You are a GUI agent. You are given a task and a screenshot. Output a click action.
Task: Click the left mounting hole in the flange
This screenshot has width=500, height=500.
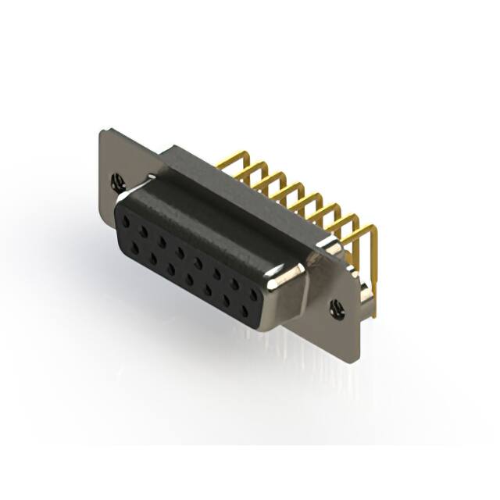tap(117, 181)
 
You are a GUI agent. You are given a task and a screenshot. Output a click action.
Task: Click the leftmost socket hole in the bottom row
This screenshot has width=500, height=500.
tap(137, 248)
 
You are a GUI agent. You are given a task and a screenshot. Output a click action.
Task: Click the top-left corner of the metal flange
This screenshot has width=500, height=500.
tap(104, 130)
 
